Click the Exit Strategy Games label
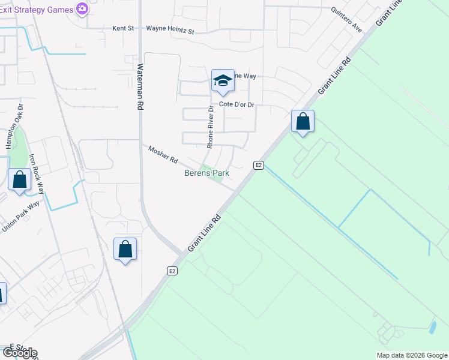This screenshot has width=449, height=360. [36, 9]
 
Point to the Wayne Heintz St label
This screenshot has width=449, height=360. [170, 29]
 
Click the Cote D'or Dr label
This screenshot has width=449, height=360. [237, 104]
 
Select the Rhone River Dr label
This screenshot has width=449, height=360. [210, 127]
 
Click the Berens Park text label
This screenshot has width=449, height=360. [206, 173]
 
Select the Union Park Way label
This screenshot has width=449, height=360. [22, 216]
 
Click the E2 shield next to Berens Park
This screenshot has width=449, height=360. [259, 165]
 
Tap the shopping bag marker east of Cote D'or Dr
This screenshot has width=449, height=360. [303, 122]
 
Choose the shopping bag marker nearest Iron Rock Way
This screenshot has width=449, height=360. [19, 179]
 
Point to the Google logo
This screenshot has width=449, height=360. [19, 353]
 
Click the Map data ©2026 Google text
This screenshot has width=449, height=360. [412, 355]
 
